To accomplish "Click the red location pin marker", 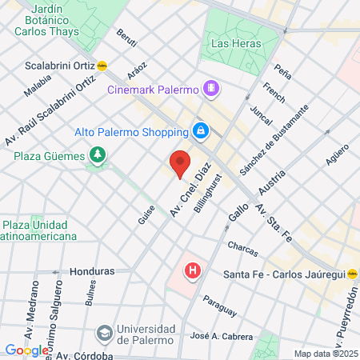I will click(x=180, y=163).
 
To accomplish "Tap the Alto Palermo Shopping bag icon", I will click(x=201, y=130).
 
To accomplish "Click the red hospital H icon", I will click(x=192, y=271).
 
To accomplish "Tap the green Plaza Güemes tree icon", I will click(x=98, y=154).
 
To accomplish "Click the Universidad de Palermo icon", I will click(x=104, y=332).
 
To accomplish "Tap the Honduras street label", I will click(x=91, y=272).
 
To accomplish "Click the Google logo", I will click(x=26, y=350).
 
